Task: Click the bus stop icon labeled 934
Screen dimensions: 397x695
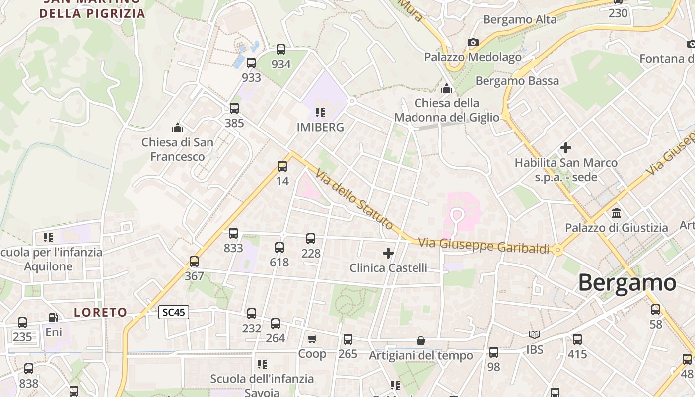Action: click(x=281, y=50)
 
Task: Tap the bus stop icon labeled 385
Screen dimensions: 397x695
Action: click(x=234, y=108)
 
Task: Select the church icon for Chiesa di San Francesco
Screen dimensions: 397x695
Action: click(x=178, y=128)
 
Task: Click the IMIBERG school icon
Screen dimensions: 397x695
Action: click(x=320, y=113)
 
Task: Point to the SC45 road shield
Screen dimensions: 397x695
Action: click(x=174, y=312)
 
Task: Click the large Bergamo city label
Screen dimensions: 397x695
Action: click(x=627, y=283)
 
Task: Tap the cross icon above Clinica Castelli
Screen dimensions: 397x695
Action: click(x=388, y=254)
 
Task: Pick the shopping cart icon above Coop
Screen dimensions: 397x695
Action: click(x=312, y=339)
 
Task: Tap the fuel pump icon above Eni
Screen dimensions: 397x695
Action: click(x=53, y=318)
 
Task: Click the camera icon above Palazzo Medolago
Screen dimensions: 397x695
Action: click(x=473, y=43)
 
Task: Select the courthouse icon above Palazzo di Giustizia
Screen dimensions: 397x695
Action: click(x=617, y=213)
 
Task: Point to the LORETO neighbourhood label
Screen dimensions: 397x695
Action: click(x=101, y=312)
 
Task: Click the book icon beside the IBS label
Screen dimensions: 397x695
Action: click(x=534, y=335)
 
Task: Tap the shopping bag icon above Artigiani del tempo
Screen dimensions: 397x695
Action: click(x=421, y=341)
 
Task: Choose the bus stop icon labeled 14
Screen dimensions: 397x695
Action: click(x=282, y=166)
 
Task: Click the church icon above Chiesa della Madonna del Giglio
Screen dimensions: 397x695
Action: click(x=447, y=89)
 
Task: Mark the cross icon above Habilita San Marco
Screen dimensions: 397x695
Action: click(x=566, y=148)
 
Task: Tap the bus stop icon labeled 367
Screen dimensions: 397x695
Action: click(x=194, y=262)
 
